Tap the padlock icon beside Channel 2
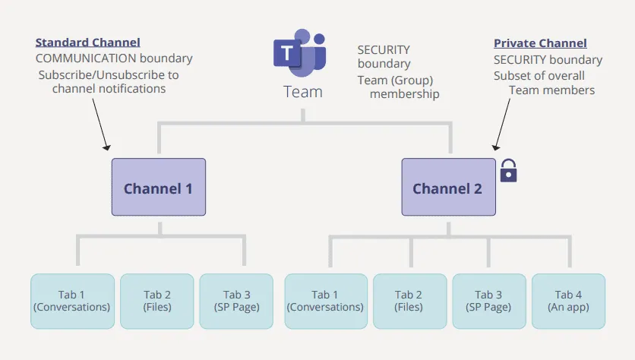point(508,172)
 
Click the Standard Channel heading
point(87,43)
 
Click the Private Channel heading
point(540,43)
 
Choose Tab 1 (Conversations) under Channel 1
point(72,301)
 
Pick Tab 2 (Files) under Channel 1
point(157,301)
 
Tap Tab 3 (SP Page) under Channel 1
point(236,301)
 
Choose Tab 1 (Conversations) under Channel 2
point(325,301)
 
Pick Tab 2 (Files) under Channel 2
point(409,301)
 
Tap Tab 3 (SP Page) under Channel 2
point(488,301)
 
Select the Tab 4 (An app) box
point(569,301)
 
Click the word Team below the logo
point(302,92)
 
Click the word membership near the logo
point(404,94)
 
